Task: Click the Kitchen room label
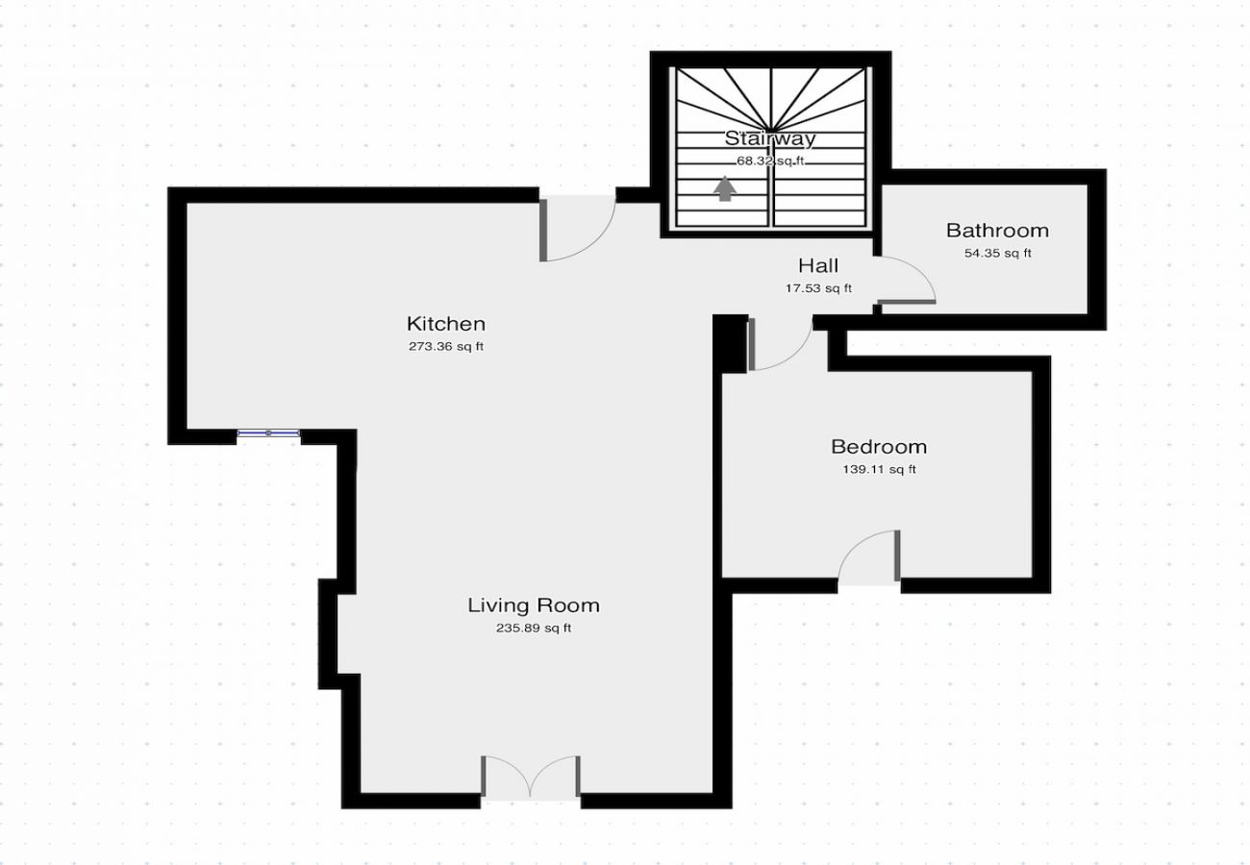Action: pos(445,324)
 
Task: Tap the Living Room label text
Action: pos(533,605)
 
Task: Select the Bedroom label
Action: pos(878,447)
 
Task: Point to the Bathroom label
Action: pos(997,231)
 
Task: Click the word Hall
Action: pos(817,266)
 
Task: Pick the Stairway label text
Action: pos(770,138)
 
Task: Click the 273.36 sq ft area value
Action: pos(445,347)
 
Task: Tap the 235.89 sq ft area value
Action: pos(533,629)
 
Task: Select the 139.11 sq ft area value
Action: pos(878,470)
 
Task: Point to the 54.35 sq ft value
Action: pos(997,254)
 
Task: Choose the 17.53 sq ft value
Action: pos(817,288)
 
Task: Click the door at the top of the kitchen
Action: pos(577,228)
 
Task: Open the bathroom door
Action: pos(904,281)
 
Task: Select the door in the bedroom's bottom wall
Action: pos(869,559)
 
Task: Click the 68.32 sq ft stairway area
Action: pos(770,161)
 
